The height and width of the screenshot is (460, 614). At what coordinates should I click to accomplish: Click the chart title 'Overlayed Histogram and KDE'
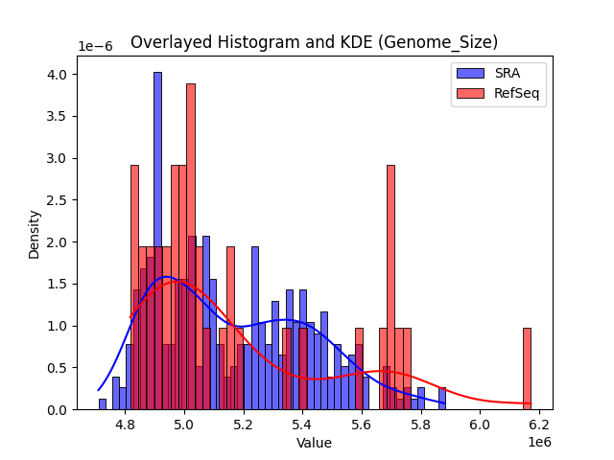point(314,42)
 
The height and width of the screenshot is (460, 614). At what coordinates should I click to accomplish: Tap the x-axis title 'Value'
point(314,443)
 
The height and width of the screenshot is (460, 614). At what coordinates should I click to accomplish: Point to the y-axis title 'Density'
point(35,234)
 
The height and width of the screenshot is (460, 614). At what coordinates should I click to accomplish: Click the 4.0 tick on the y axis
point(60,75)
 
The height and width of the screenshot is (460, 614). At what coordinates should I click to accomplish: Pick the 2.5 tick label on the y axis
point(60,200)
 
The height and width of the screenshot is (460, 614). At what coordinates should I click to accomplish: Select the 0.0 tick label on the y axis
point(60,410)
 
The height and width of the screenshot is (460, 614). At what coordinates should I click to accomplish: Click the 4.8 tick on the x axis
point(125,424)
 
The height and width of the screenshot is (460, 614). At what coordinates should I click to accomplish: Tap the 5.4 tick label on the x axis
point(302,424)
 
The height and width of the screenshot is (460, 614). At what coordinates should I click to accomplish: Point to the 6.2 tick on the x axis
point(538,424)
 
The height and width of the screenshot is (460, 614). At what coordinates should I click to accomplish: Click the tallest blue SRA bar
point(157,240)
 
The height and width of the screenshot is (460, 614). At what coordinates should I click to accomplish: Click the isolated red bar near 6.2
point(527,369)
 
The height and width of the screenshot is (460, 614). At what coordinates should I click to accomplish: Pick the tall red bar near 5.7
point(390,287)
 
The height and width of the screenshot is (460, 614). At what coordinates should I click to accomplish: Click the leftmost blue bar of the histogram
point(103,404)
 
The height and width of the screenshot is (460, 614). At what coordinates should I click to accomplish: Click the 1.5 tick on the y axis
point(60,285)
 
